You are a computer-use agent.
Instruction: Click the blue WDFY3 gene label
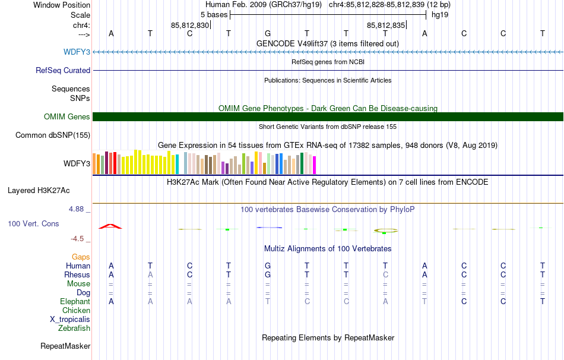coord(77,52)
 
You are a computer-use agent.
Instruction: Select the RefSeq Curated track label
coord(63,70)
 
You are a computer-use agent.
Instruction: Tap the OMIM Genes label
coord(67,116)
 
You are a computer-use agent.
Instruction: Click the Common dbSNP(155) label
coord(53,135)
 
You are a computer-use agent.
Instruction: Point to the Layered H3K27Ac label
coord(39,191)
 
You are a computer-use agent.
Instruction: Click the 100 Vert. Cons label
coord(33,223)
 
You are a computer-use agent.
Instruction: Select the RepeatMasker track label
coord(65,346)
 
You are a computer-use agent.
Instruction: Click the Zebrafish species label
coord(74,328)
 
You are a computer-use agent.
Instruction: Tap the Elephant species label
coord(75,301)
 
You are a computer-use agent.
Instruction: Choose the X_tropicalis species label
coord(70,320)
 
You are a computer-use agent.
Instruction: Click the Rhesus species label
coord(77,274)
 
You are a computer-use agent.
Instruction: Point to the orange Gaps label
coord(81,257)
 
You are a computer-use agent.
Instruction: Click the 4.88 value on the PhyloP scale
coord(76,209)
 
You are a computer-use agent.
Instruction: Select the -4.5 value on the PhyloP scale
coord(77,239)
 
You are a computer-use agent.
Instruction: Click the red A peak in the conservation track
coord(111,226)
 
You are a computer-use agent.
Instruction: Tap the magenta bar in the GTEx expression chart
coord(315,165)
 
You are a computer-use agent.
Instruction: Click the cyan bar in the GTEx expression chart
coord(177,165)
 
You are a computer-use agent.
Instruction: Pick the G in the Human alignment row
coord(268,266)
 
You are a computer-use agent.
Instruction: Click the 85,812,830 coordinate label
coord(190,25)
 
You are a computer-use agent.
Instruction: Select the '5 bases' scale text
coord(214,15)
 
